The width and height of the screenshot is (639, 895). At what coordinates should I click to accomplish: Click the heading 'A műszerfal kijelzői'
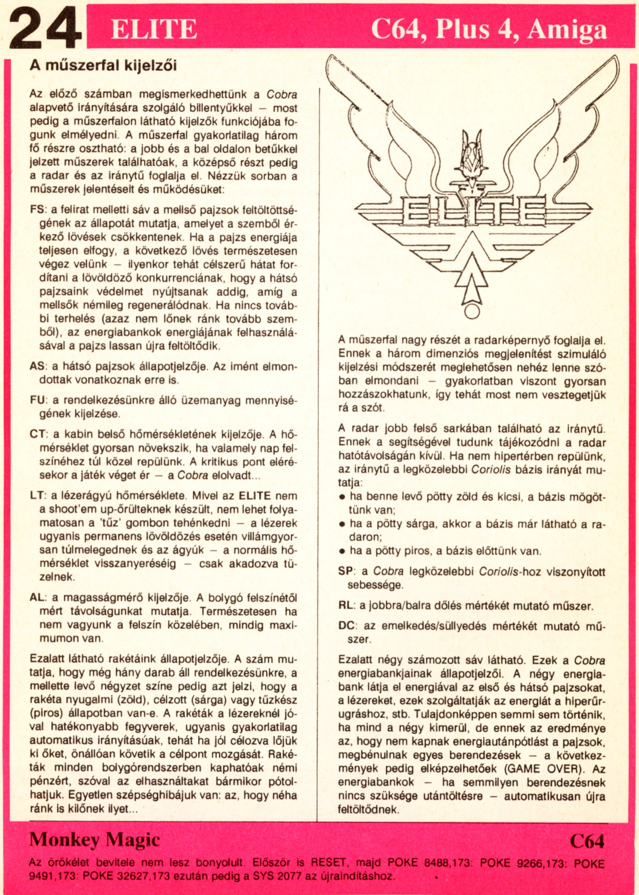click(103, 66)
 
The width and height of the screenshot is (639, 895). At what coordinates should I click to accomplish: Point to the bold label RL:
click(346, 606)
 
